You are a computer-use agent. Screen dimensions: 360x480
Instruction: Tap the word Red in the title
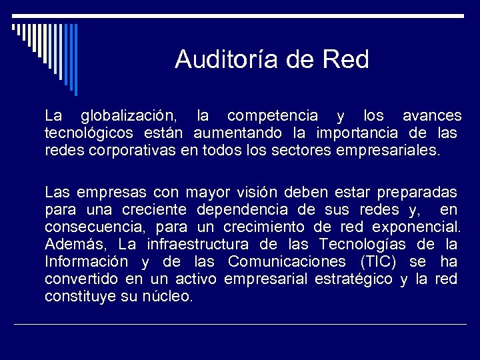pos(345,60)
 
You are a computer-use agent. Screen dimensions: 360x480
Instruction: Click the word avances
pos(432,117)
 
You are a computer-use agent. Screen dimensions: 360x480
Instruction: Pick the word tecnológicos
pos(89,133)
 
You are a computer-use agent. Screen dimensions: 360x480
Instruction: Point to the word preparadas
pos(417,193)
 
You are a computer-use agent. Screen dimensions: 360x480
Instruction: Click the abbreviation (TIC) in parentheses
pos(384,262)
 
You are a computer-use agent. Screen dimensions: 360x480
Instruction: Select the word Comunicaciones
pos(287,262)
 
